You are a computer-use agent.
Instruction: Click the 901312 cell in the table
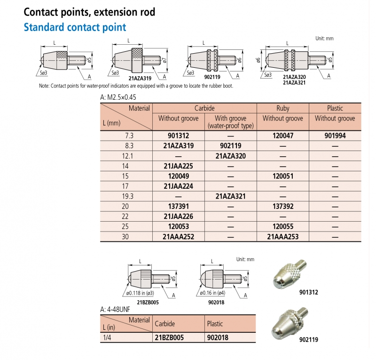tap(179, 136)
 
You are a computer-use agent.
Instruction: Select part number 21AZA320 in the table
tap(230, 156)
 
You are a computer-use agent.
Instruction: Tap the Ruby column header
tap(282, 108)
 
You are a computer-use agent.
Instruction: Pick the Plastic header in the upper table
tap(335, 108)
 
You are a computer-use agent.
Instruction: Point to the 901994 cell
tap(335, 136)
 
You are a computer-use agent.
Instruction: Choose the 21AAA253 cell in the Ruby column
tap(282, 237)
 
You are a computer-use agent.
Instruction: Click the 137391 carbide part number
tap(179, 207)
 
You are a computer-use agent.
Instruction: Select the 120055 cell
tap(282, 227)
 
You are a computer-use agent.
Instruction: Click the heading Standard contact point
tap(75, 27)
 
